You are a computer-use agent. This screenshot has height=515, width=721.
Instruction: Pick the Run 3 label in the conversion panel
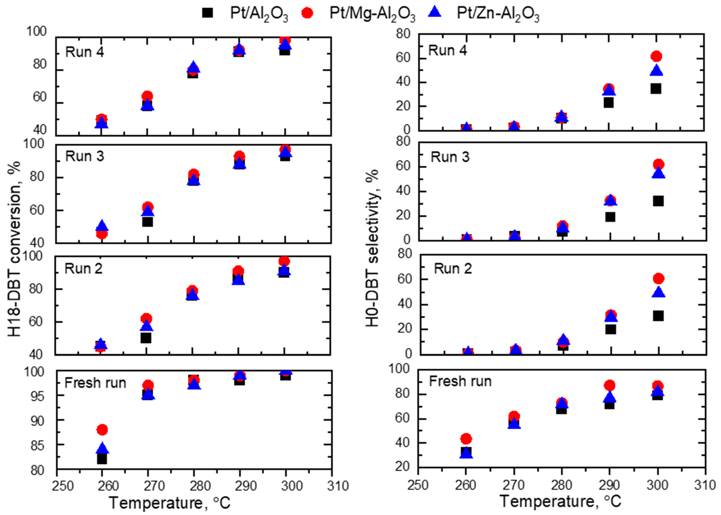[85, 156]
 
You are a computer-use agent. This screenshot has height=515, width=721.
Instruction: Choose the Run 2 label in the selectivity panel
[453, 269]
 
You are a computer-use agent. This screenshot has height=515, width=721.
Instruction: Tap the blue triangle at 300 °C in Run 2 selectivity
[658, 292]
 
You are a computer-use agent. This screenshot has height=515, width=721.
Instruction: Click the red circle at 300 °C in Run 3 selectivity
[658, 164]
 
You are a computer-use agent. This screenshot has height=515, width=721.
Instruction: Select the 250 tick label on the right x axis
[418, 485]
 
